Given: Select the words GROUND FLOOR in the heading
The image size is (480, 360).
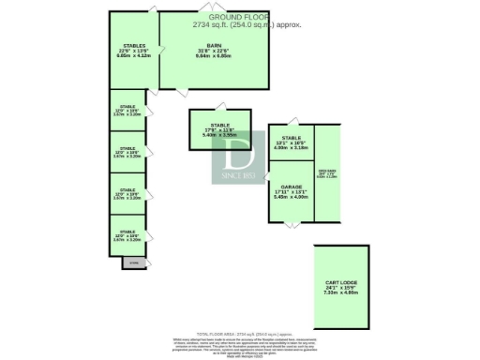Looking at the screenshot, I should (238, 17).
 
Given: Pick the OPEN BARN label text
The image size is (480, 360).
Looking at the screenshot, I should (327, 172).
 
